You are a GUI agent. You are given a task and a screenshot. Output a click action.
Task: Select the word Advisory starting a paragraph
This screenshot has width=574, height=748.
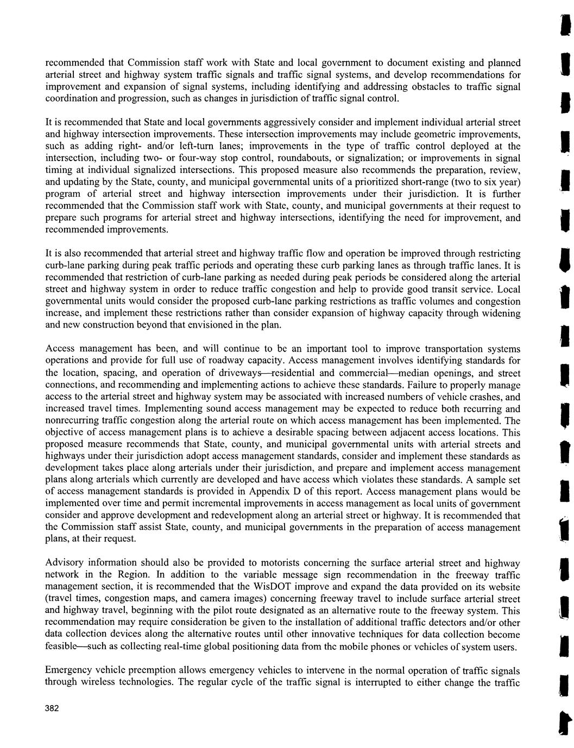(x=62, y=563)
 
